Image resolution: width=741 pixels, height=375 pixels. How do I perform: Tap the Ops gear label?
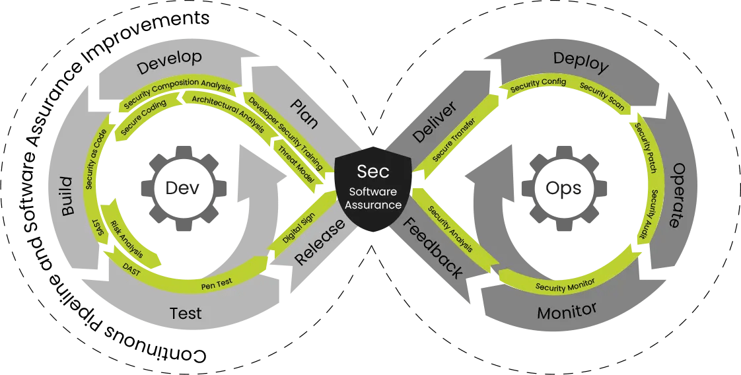563,189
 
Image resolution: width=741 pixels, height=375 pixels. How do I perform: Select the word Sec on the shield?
373,171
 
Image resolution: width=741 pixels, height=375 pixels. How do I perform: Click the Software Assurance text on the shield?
374,197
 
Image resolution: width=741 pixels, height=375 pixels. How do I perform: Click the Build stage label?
68,196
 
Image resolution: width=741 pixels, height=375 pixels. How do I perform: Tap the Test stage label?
186,313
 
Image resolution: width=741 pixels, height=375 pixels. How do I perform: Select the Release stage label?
320,242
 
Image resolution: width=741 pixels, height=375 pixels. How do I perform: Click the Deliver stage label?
435,123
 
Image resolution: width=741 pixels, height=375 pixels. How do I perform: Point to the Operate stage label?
676,195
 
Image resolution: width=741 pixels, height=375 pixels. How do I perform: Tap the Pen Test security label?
217,285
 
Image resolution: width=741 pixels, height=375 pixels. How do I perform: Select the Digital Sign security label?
299,226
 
